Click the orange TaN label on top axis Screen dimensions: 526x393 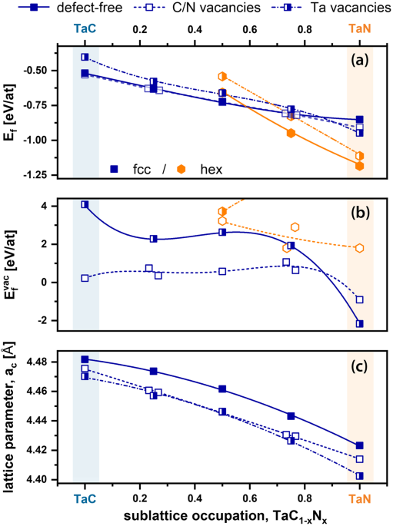(359, 29)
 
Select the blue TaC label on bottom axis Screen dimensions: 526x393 (85, 498)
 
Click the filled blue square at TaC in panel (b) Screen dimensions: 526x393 (85, 204)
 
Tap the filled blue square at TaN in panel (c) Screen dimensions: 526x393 (359, 445)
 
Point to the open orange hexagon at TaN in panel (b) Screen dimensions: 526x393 (359, 248)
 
